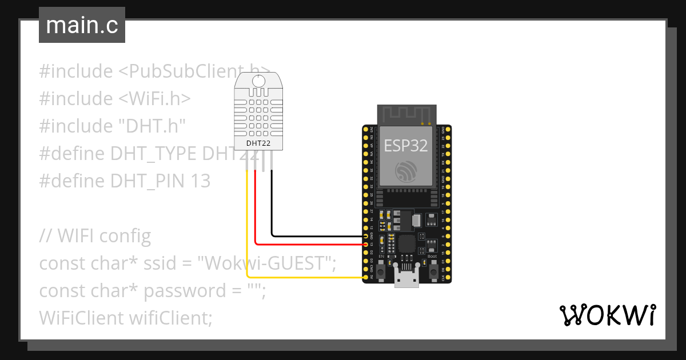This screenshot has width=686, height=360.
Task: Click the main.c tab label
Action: tap(82, 26)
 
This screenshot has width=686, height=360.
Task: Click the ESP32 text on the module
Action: tap(406, 145)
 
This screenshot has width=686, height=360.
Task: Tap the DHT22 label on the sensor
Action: tap(258, 143)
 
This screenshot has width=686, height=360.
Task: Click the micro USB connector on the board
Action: tap(407, 280)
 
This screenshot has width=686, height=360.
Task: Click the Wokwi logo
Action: tap(607, 315)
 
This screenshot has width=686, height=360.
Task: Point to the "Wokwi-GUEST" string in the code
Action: tap(265, 263)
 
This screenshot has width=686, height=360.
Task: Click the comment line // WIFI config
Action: tap(95, 235)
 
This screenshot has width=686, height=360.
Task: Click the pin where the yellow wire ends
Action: tap(366, 278)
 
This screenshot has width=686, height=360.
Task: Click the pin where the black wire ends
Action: tap(366, 235)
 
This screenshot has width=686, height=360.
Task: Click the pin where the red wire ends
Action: tap(366, 244)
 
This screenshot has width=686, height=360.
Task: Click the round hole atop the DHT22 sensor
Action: tap(259, 82)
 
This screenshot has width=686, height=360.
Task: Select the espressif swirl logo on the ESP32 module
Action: tap(406, 171)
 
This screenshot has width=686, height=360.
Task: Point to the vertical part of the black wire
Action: tap(272, 206)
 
